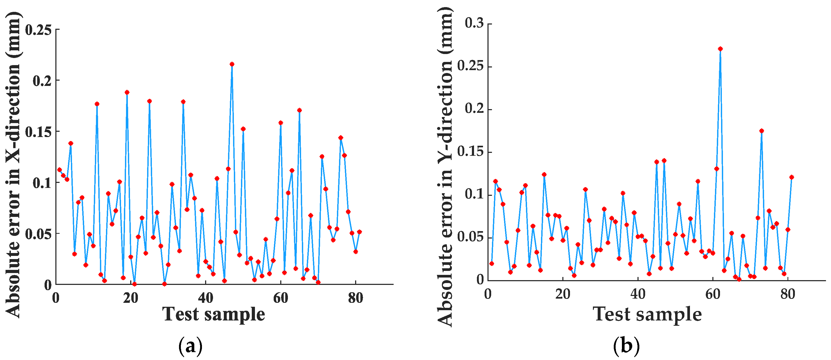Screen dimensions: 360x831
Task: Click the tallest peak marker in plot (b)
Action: click(720, 49)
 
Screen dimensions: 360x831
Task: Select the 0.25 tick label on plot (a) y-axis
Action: click(38, 30)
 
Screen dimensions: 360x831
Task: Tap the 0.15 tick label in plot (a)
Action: click(38, 132)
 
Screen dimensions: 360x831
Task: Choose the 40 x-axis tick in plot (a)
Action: click(205, 298)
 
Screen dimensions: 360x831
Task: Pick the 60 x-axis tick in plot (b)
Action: click(713, 294)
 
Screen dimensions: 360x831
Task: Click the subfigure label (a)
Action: click(190, 346)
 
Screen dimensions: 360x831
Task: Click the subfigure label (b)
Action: click(626, 346)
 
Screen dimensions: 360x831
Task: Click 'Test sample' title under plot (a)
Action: click(213, 314)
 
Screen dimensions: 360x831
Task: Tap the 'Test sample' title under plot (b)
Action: click(647, 314)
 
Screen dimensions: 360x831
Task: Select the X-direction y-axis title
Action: click(13, 164)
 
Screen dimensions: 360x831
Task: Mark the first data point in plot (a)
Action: click(59, 169)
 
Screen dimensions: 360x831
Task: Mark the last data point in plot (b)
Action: click(791, 177)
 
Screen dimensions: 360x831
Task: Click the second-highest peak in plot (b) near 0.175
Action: click(761, 131)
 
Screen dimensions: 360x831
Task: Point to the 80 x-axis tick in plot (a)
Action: click(355, 298)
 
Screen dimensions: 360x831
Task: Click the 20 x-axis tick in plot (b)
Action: click(563, 294)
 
